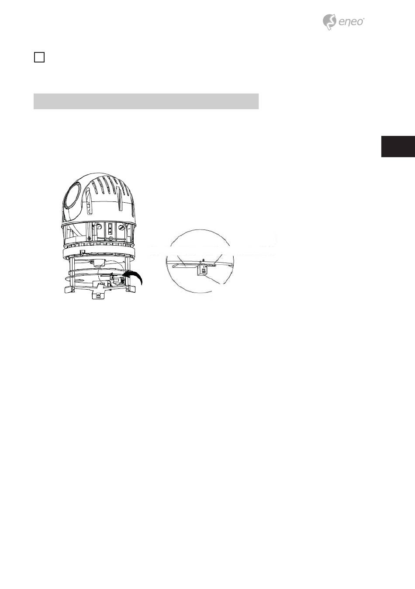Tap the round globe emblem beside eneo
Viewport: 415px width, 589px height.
[329, 21]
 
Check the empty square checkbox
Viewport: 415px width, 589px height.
[39, 57]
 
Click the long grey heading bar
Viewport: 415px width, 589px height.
[146, 101]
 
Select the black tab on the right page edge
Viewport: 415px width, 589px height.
[398, 146]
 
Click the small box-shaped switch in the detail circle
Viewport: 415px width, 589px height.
[201, 271]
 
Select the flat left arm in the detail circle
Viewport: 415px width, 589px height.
[183, 264]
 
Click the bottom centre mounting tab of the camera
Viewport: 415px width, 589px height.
[100, 294]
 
